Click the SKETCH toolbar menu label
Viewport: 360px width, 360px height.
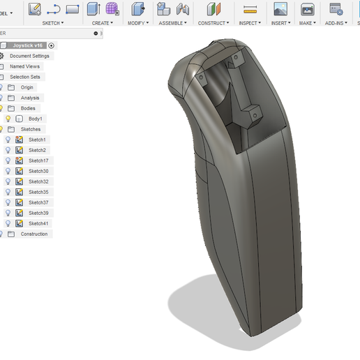coord(52,23)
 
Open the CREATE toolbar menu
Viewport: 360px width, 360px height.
coord(102,23)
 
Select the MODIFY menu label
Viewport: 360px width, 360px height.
coord(137,23)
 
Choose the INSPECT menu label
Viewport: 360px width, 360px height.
coord(249,23)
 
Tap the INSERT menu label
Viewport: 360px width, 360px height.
coord(280,23)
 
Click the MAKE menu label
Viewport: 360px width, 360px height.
coord(307,23)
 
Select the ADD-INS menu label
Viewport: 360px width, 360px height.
coord(336,23)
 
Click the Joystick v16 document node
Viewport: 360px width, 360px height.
coord(28,45)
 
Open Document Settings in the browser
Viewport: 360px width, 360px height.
coord(29,56)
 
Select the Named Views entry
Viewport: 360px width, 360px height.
coord(24,66)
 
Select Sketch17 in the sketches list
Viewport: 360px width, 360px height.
coord(38,160)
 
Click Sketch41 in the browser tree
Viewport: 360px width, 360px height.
coord(38,223)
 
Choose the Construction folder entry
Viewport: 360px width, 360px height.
coord(33,234)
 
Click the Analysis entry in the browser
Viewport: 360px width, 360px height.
coord(29,98)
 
